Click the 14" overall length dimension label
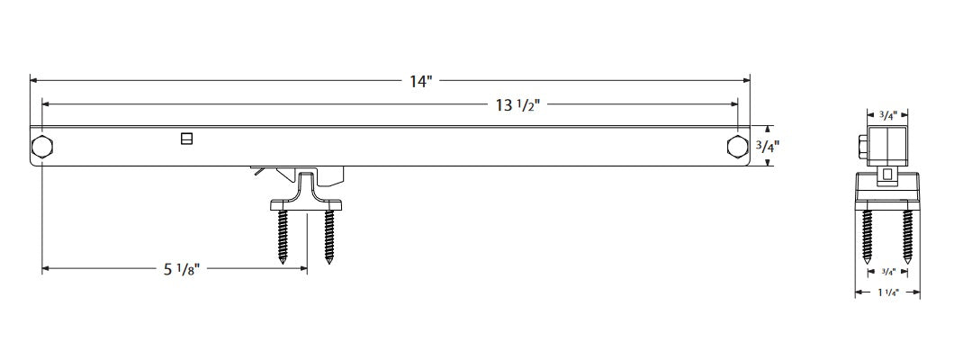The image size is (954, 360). point(421,82)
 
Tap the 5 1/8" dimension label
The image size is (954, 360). point(183,268)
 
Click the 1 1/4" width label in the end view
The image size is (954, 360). point(886,292)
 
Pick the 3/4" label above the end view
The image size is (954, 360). point(886,115)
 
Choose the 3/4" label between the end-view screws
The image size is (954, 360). point(886,271)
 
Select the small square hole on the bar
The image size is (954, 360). point(186,138)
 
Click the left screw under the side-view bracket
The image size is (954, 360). point(284,235)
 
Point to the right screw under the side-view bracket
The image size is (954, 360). point(329,235)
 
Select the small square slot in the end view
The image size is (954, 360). point(886,174)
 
